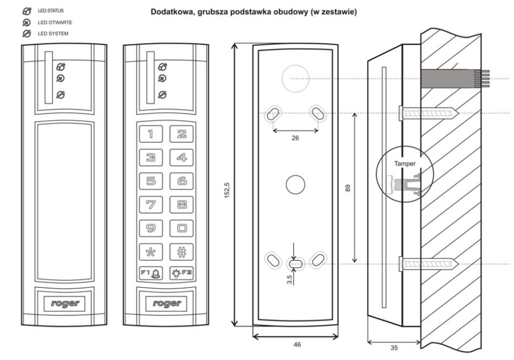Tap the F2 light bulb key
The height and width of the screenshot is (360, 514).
(x=182, y=273)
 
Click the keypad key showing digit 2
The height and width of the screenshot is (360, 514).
(x=182, y=133)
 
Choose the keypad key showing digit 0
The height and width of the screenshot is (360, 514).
(x=182, y=227)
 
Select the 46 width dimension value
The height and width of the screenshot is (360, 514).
(x=296, y=344)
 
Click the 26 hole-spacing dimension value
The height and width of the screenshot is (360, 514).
(x=295, y=138)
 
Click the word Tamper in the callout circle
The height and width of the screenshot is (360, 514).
(x=404, y=163)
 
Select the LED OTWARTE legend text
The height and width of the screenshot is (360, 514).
(x=55, y=23)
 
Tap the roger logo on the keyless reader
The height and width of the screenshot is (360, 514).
(x=64, y=303)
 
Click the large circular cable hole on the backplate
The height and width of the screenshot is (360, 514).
(x=295, y=79)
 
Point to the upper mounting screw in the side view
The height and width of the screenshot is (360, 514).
(x=429, y=113)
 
